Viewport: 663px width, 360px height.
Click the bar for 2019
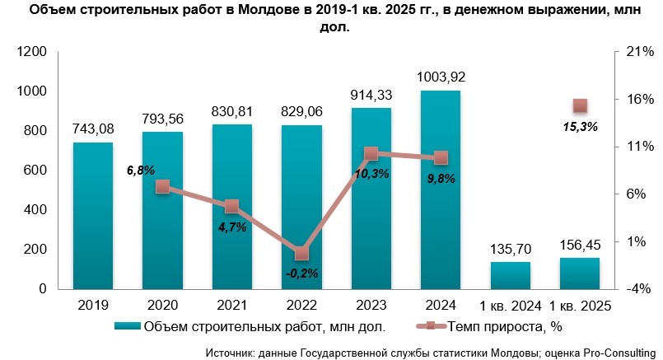click(92, 216)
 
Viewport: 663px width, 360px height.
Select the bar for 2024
click(440, 189)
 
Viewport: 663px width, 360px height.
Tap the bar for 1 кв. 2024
click(510, 275)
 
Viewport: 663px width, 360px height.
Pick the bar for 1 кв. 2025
click(580, 274)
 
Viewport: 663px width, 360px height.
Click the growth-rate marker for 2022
click(301, 254)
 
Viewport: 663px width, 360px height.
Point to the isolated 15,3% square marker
click(580, 105)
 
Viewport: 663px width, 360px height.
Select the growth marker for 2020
click(162, 187)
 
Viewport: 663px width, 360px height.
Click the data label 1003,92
click(441, 77)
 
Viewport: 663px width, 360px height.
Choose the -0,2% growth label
click(301, 273)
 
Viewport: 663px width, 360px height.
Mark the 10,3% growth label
click(371, 173)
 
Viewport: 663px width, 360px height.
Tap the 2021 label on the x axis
click(231, 306)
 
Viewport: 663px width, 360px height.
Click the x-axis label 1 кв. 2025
click(580, 306)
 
